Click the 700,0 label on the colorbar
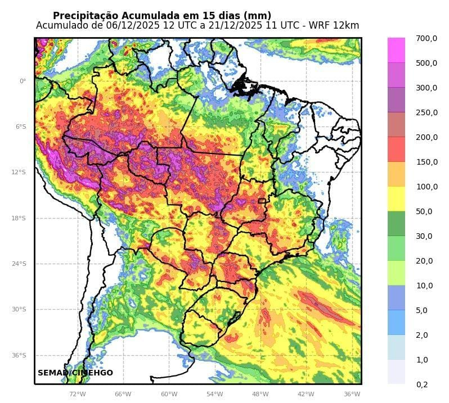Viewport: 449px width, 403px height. pos(426,38)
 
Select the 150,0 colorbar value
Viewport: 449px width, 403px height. pos(426,162)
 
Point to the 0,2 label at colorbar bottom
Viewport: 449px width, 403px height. pos(421,384)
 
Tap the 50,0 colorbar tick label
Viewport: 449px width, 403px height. pos(424,211)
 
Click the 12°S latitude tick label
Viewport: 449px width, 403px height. pos(20,173)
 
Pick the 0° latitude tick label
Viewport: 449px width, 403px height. pos(23,81)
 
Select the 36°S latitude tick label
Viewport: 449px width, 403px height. pos(20,355)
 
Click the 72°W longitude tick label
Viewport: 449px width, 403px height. pos(78,394)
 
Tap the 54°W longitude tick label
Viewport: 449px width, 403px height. pos(214,394)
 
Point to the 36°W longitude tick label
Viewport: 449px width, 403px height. pos(352,394)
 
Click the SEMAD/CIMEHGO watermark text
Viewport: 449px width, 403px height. pos(75,373)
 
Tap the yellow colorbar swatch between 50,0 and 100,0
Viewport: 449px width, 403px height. pos(396,199)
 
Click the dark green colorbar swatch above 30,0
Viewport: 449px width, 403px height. pos(396,224)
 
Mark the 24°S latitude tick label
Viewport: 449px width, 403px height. pos(20,264)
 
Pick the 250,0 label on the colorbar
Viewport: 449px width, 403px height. pos(426,112)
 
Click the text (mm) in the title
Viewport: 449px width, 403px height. pos(258,16)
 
